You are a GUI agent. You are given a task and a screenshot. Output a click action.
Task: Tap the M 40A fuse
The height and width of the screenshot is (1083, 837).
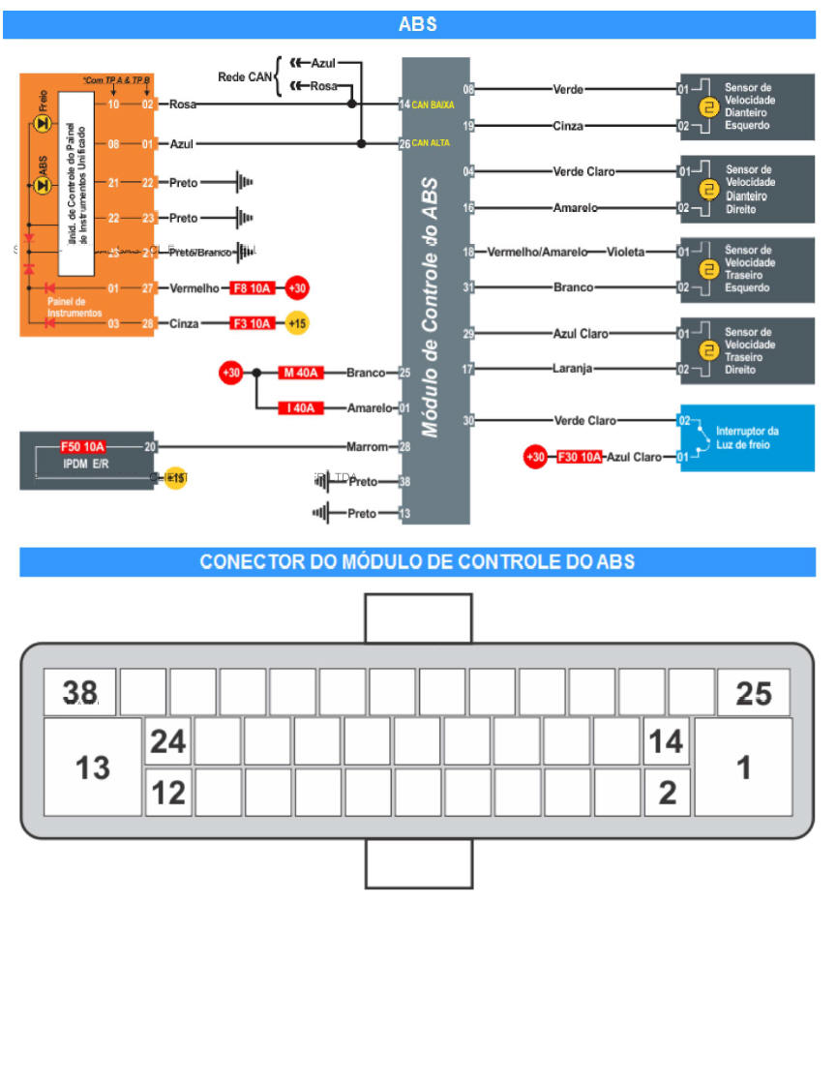pos(300,373)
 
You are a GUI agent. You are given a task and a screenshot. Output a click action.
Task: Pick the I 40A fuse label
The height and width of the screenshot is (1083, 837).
pos(300,407)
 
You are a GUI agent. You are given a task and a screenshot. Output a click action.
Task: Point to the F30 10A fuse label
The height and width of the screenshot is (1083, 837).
pos(580,457)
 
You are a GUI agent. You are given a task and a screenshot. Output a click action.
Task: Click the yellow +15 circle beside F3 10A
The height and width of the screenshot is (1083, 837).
pos(296,323)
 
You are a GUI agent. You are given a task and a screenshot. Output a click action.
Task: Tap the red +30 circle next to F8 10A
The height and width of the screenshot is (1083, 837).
pos(297,288)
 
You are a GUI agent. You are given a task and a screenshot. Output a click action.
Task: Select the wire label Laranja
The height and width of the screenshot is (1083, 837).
pos(572,369)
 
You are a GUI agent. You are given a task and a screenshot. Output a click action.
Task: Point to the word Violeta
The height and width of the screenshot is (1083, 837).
pos(625,252)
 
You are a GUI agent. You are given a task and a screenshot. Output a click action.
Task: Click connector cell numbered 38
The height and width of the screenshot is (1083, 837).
pos(80,692)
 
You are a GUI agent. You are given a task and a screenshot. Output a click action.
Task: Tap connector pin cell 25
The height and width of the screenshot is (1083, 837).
pos(753,692)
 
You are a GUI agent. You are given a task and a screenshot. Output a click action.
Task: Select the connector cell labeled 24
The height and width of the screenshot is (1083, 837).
pos(168,741)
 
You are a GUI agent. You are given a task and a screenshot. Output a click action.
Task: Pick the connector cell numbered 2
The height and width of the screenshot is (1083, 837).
pos(668,792)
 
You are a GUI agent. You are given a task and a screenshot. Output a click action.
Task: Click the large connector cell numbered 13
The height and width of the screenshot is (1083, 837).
pos(93,767)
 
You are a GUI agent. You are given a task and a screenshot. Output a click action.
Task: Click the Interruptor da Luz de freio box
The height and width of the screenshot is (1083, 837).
pos(747,437)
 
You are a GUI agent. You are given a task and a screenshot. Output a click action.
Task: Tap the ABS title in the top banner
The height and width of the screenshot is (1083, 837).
pos(418,24)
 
